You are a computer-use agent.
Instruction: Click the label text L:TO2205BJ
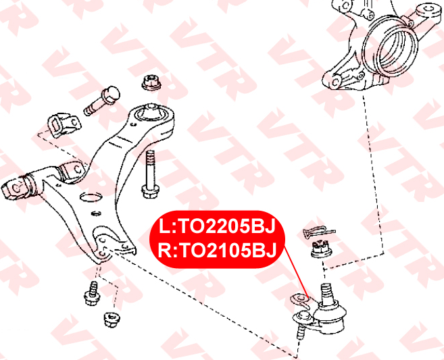(x=217, y=226)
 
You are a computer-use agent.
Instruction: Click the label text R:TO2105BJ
(x=217, y=251)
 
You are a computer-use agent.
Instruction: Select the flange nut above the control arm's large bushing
(x=151, y=82)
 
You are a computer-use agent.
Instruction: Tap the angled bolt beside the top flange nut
(x=102, y=101)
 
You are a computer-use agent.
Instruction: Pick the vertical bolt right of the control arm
(x=150, y=175)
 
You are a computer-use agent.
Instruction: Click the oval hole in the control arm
(x=91, y=197)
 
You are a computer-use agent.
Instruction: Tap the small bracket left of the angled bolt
(x=64, y=125)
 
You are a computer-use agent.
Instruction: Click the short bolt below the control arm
(x=92, y=294)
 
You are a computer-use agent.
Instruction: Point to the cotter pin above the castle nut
(x=318, y=232)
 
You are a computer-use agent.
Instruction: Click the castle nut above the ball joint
(x=321, y=249)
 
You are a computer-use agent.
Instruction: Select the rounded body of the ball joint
(x=330, y=316)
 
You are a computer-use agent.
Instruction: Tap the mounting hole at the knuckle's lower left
(x=336, y=82)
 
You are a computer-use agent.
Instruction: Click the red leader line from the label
(x=297, y=272)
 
